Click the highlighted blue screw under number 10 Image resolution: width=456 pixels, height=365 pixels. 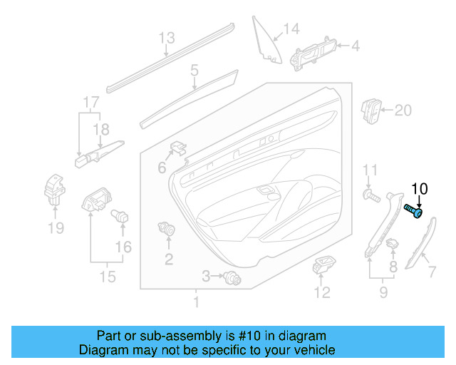(414, 210)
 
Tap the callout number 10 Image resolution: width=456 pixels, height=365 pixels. (420, 189)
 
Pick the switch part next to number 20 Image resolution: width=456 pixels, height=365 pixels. (372, 110)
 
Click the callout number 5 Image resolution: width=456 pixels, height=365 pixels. (194, 70)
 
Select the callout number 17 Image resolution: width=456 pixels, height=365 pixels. (90, 102)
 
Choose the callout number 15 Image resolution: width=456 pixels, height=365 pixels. (107, 276)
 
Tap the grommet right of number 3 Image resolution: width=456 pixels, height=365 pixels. (230, 277)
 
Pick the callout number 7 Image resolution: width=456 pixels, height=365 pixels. (430, 271)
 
